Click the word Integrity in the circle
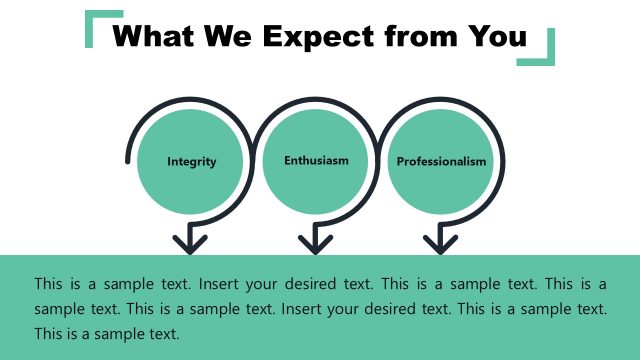pyautogui.click(x=191, y=161)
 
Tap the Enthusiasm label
pyautogui.click(x=316, y=159)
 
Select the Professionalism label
pyautogui.click(x=441, y=161)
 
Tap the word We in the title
pyautogui.click(x=234, y=37)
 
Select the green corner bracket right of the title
pyautogui.click(x=541, y=50)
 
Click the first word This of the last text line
pyautogui.click(x=49, y=333)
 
